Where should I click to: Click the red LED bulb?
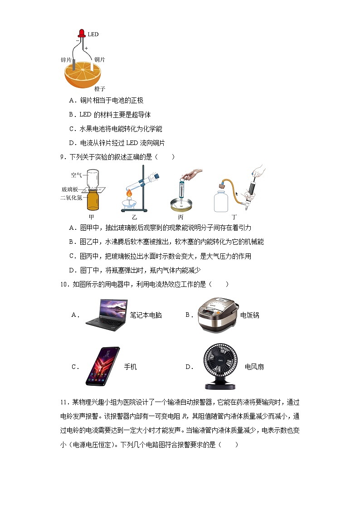(x=82, y=33)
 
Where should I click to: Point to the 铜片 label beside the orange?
(x=100, y=59)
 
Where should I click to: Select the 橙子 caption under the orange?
(x=100, y=89)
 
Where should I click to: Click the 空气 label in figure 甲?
(x=76, y=175)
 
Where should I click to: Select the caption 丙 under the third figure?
(x=180, y=217)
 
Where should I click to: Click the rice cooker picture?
(x=217, y=315)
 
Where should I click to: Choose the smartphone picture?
(x=103, y=366)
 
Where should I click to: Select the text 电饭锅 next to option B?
(x=250, y=315)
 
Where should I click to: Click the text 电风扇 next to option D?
(x=254, y=367)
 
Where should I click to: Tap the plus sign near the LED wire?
(x=86, y=47)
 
